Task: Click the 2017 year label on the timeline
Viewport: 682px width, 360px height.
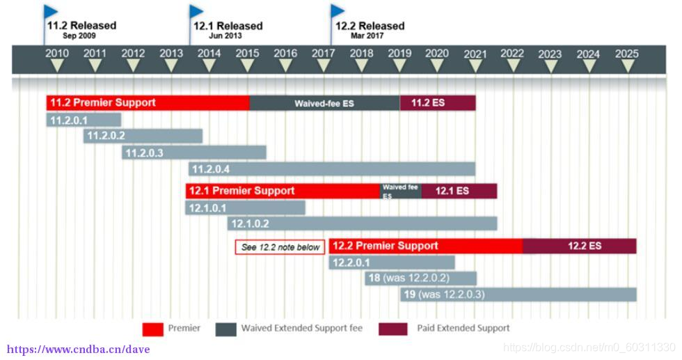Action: coord(323,54)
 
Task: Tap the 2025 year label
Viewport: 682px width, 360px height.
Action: coord(627,54)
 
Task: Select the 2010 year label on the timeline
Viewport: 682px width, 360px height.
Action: coord(57,54)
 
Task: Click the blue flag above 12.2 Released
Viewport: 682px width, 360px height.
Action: coord(338,10)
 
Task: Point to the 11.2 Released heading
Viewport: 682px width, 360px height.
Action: coord(81,26)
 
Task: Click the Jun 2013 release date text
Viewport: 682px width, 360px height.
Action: coord(225,36)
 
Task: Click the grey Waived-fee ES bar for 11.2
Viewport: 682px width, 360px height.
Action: coord(324,103)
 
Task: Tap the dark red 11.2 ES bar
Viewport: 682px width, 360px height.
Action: coord(437,103)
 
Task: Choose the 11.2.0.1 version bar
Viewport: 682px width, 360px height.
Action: coord(84,120)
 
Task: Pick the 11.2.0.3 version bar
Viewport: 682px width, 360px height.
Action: coord(194,152)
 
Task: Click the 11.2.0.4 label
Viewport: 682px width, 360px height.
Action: coord(211,169)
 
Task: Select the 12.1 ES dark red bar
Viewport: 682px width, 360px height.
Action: coord(459,191)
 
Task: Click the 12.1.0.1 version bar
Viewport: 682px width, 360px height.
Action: coord(245,208)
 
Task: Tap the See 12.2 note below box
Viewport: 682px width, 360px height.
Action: coord(280,246)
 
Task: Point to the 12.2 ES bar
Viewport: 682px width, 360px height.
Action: coord(579,246)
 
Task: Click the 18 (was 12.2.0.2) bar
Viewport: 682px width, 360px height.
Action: coord(420,278)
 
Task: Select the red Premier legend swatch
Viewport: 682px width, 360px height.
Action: coord(152,329)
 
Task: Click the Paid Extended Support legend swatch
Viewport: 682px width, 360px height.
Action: coord(392,329)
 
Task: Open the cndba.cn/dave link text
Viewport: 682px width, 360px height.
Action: coord(78,349)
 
